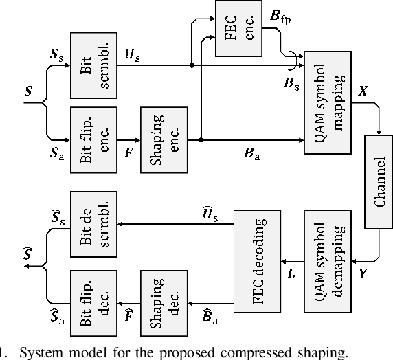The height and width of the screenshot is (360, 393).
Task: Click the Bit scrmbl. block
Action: pos(94,65)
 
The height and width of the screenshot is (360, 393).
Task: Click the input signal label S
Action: pos(27,90)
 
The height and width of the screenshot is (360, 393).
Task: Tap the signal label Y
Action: pos(361,273)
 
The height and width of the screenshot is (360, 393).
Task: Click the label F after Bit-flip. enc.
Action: pos(127,153)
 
